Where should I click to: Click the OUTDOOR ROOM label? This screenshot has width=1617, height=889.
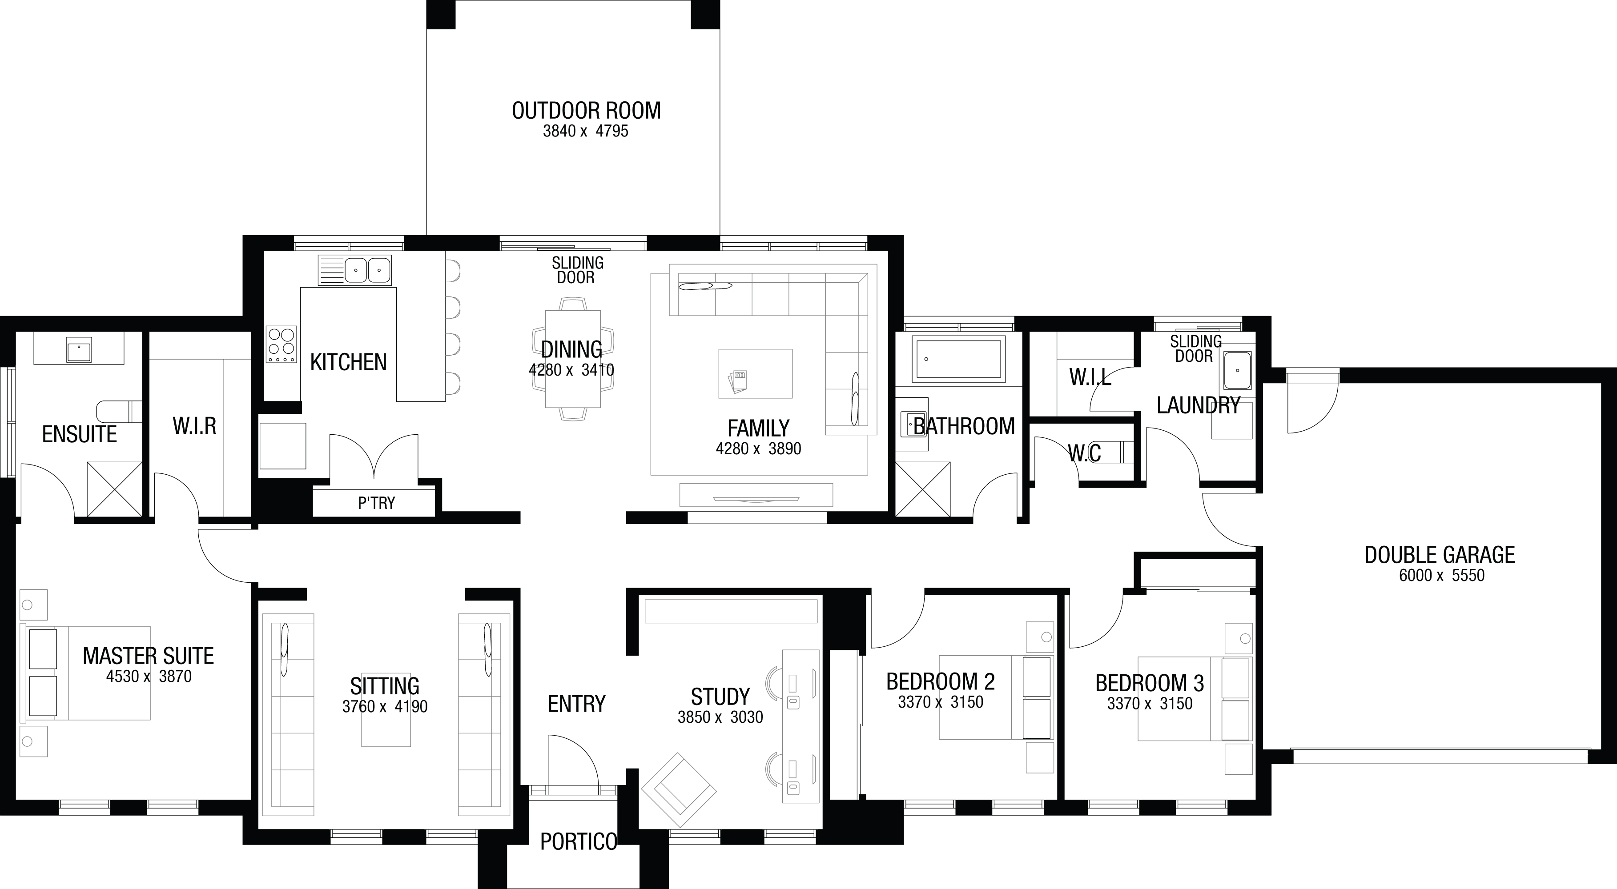tap(586, 110)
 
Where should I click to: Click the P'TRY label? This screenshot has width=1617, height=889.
tap(377, 503)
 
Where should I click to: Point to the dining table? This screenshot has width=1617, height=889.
tap(572, 359)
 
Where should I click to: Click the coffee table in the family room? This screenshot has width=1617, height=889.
tap(755, 373)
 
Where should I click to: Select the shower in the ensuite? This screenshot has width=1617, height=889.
tap(114, 489)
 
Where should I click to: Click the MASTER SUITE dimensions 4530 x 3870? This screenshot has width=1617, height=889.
tap(149, 677)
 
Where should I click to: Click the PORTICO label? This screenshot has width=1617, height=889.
tap(579, 842)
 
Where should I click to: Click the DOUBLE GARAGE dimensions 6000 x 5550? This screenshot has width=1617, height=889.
tap(1441, 575)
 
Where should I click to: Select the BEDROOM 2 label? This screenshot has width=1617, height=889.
tap(940, 682)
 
